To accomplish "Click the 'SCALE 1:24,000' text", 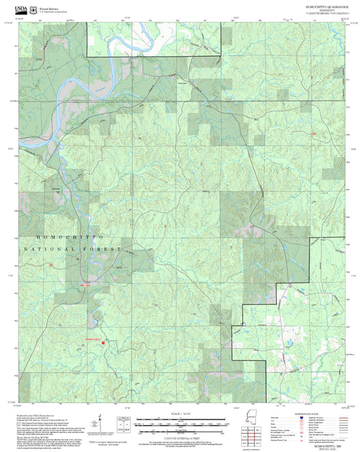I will (x=181, y=413).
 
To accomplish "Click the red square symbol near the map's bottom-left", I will (x=103, y=343).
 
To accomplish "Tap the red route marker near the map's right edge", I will (x=313, y=134).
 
